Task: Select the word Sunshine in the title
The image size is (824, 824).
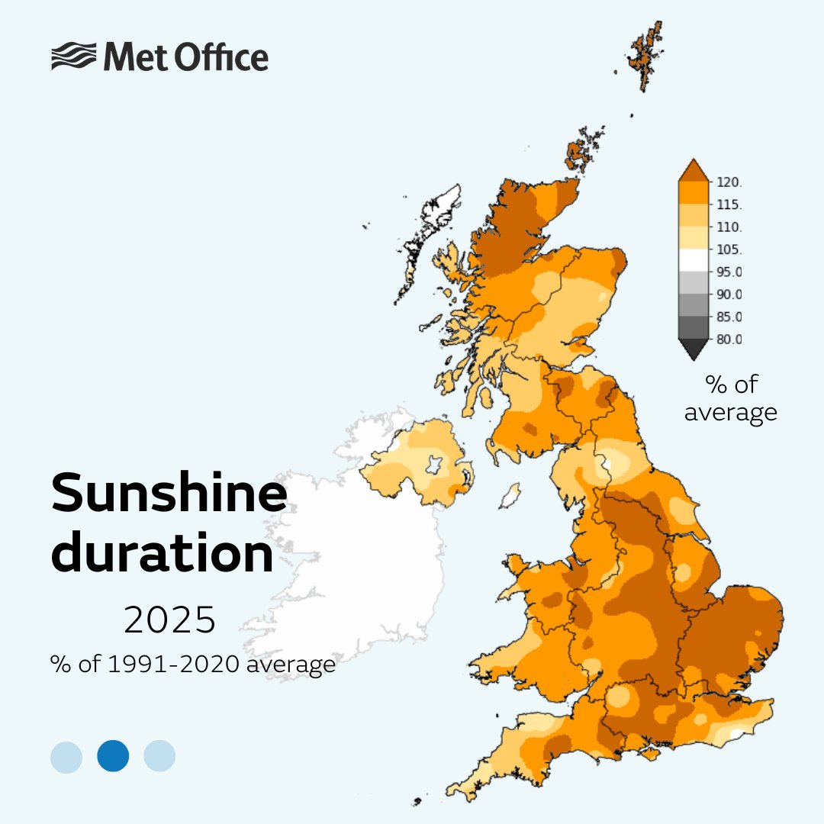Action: [x=169, y=494]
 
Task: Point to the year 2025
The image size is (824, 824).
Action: [x=169, y=621]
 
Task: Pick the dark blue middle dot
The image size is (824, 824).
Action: [x=113, y=755]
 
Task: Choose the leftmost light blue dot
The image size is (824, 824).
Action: [x=66, y=755]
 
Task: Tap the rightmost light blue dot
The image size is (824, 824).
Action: [x=159, y=755]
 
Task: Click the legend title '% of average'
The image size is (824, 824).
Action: [x=730, y=398]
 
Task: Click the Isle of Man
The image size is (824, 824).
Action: [x=509, y=495]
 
